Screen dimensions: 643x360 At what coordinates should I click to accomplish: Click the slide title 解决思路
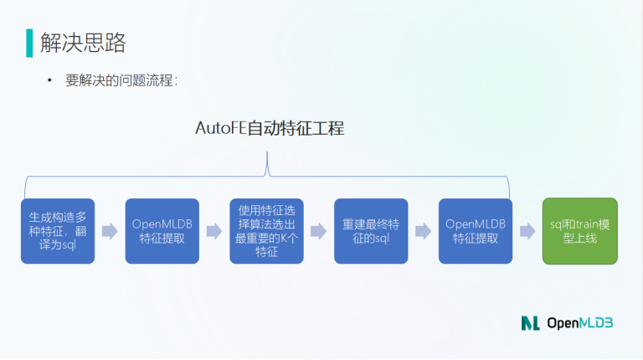[x=83, y=43]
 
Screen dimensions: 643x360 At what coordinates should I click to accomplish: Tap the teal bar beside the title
[x=29, y=43]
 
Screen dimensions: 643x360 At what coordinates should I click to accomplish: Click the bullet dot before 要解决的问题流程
[x=49, y=80]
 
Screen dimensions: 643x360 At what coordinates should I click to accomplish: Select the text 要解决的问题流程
[x=119, y=80]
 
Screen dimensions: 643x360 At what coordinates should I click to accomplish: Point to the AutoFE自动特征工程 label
[x=270, y=128]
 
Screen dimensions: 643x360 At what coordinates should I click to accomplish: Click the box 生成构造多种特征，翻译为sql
[x=58, y=231]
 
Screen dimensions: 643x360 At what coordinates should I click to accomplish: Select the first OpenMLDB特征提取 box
[x=162, y=231]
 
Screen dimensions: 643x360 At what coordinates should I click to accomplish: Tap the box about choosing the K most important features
[x=266, y=231]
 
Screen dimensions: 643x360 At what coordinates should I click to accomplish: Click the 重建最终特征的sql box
[x=371, y=231]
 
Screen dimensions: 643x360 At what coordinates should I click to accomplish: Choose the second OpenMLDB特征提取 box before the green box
[x=476, y=231]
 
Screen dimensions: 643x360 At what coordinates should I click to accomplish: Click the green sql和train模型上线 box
[x=580, y=231]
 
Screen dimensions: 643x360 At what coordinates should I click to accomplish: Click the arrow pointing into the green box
[x=527, y=231]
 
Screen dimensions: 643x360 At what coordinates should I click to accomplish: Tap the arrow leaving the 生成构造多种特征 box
[x=110, y=231]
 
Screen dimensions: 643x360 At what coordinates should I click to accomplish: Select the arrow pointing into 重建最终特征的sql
[x=319, y=231]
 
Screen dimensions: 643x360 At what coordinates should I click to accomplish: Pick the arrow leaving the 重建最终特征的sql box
[x=423, y=231]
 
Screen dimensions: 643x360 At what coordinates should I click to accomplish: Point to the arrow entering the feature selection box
[x=214, y=231]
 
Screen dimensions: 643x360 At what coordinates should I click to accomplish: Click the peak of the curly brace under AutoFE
[x=267, y=152]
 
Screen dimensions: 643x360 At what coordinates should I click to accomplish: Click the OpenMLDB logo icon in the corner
[x=530, y=323]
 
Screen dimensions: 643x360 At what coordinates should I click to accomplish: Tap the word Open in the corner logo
[x=563, y=323]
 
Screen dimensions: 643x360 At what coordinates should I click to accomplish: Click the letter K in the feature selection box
[x=284, y=239]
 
